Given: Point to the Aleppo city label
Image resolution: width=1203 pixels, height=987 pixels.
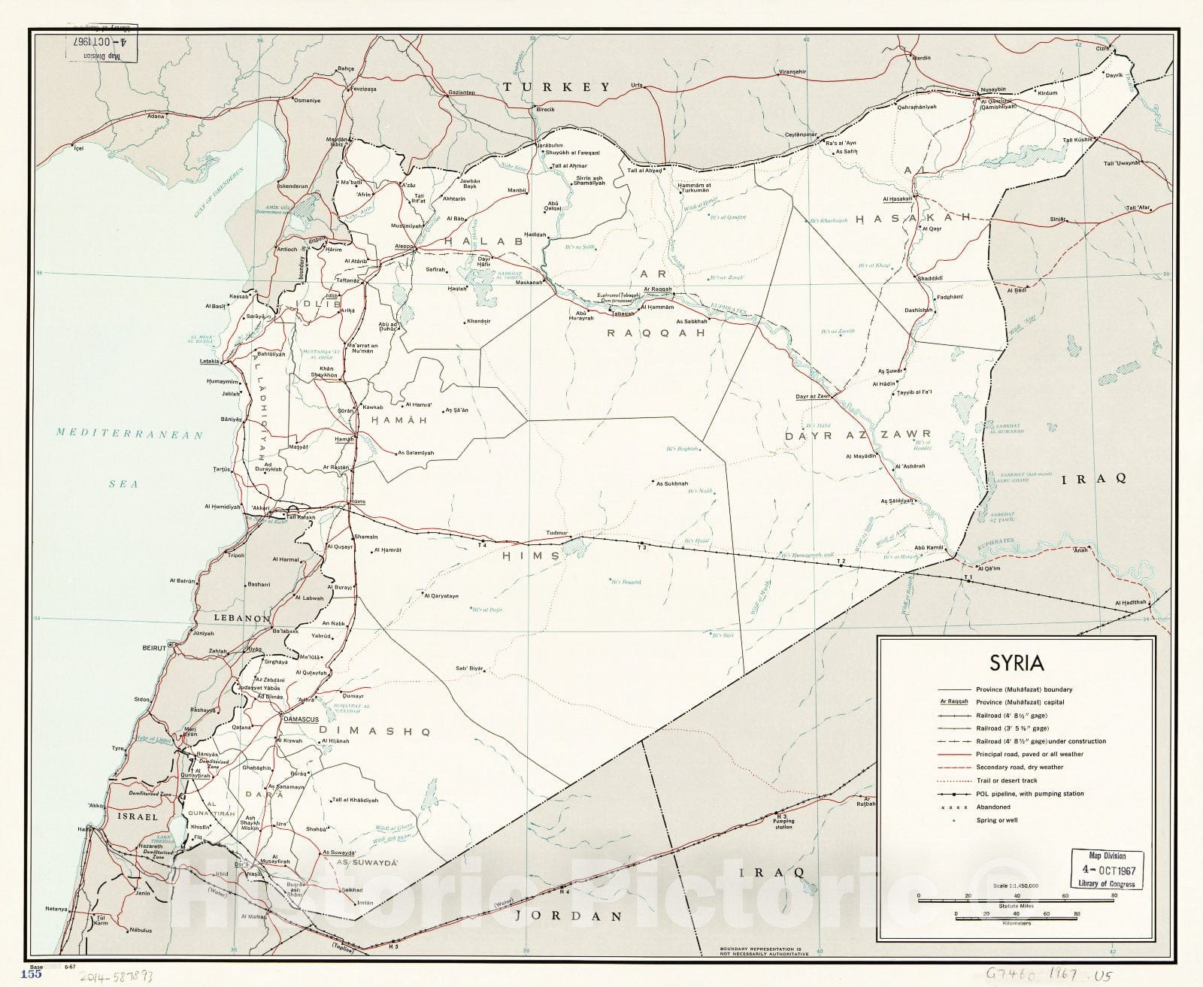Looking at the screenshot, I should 405,247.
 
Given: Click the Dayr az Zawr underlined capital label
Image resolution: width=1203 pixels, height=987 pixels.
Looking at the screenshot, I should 811,396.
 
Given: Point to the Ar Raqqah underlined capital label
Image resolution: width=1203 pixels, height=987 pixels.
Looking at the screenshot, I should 652,289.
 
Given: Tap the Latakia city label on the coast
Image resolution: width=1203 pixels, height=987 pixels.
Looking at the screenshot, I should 209,362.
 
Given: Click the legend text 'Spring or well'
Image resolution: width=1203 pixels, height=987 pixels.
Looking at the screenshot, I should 996,820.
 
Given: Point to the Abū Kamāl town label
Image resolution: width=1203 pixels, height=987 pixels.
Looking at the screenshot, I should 929,547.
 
